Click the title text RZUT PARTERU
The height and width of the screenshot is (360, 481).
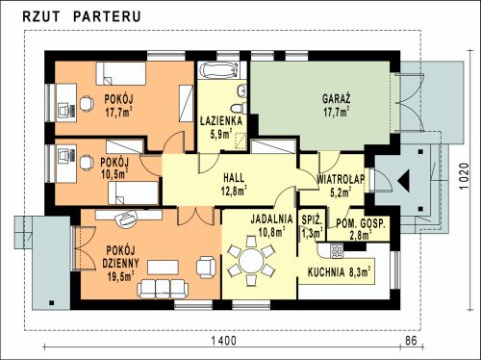click(x=82, y=16)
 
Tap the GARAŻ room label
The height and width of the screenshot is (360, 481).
click(x=336, y=98)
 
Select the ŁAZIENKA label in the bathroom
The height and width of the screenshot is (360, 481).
click(x=221, y=121)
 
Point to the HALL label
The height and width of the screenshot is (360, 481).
click(x=234, y=177)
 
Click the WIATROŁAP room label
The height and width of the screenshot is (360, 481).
click(x=341, y=179)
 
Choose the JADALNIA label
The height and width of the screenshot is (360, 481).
click(x=271, y=219)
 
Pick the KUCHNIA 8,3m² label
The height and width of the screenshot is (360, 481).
click(x=340, y=272)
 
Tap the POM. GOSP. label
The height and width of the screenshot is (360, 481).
click(x=361, y=223)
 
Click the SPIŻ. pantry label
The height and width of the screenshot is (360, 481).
click(x=312, y=220)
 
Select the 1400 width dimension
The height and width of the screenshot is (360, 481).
click(x=224, y=341)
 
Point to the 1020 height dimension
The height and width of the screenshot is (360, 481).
click(x=464, y=176)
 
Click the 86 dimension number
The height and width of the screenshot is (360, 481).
click(x=411, y=340)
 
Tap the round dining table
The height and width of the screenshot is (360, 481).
click(x=251, y=261)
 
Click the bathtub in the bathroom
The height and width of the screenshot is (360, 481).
click(x=219, y=70)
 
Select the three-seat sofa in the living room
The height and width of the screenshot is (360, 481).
click(x=162, y=288)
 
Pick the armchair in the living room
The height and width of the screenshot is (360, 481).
click(x=206, y=267)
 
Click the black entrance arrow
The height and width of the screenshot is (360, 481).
click(x=404, y=181)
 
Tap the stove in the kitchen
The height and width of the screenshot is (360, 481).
click(x=337, y=250)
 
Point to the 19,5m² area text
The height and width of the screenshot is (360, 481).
click(x=120, y=276)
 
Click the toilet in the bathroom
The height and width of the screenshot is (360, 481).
click(x=239, y=109)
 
